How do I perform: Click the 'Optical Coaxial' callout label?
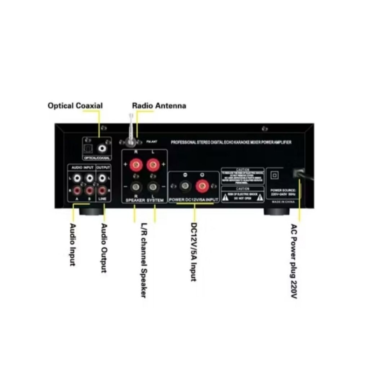75,106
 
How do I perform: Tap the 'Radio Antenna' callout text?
159,106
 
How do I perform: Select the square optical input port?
89,148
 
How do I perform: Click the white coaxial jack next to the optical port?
104,148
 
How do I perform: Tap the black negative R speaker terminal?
136,187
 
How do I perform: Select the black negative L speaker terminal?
153,187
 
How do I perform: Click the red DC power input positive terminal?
202,186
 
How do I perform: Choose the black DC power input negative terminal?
184,186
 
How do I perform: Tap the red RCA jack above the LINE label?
103,190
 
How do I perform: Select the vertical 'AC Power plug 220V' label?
294,261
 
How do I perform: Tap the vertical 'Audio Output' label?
104,248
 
